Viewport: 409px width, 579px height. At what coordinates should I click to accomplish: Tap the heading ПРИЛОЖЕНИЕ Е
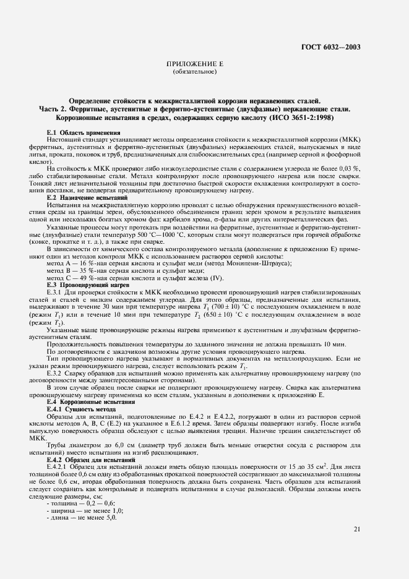pyautogui.click(x=195, y=64)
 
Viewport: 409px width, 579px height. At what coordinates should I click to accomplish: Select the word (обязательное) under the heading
pyautogui.click(x=195, y=72)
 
